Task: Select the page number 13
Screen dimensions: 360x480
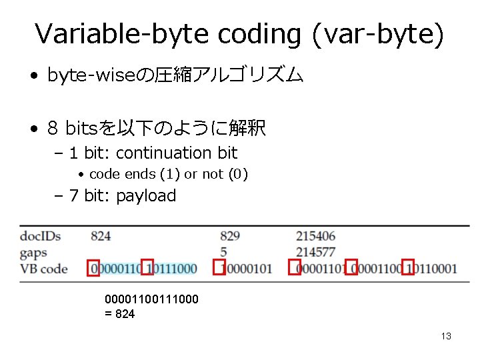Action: click(x=446, y=336)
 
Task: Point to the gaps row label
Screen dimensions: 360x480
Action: click(x=33, y=252)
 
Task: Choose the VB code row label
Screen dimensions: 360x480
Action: click(x=44, y=269)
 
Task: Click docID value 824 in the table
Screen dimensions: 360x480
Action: click(x=101, y=235)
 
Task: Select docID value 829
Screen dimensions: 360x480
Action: click(x=229, y=235)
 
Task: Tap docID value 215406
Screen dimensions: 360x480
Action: click(x=316, y=235)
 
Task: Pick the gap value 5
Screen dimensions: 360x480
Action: click(x=223, y=252)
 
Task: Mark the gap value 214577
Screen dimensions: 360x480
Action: click(x=316, y=252)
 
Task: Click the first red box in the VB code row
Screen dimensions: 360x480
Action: click(x=93, y=267)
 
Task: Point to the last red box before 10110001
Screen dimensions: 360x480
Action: click(x=408, y=267)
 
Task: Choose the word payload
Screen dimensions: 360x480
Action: click(x=146, y=196)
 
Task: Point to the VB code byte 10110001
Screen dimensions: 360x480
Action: click(x=435, y=269)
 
